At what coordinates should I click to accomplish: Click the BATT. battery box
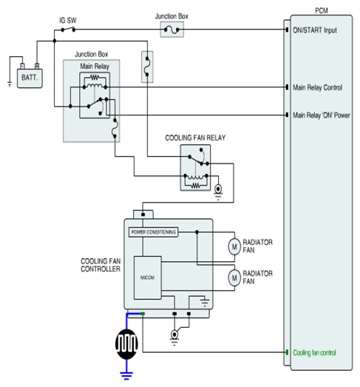30,78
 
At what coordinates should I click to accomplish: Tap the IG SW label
68,21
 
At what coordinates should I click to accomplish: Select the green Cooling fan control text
314,353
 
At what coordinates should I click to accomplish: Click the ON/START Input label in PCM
315,30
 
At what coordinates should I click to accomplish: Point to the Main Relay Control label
318,87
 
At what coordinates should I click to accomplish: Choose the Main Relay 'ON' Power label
322,115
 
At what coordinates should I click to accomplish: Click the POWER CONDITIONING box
153,232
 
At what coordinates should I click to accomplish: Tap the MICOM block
147,277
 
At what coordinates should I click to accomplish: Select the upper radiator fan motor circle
234,246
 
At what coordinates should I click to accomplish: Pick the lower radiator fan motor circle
234,278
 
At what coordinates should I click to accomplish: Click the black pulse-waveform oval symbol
126,344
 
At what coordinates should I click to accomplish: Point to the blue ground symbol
126,376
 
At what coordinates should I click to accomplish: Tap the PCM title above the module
322,11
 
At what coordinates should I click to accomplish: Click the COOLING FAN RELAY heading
195,138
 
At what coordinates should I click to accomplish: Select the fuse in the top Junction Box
171,30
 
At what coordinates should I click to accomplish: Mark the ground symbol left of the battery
10,84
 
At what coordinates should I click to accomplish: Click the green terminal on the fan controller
143,314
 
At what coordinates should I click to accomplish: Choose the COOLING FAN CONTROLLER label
101,265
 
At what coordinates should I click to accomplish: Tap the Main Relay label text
95,67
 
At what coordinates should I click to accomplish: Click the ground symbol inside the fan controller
205,303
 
